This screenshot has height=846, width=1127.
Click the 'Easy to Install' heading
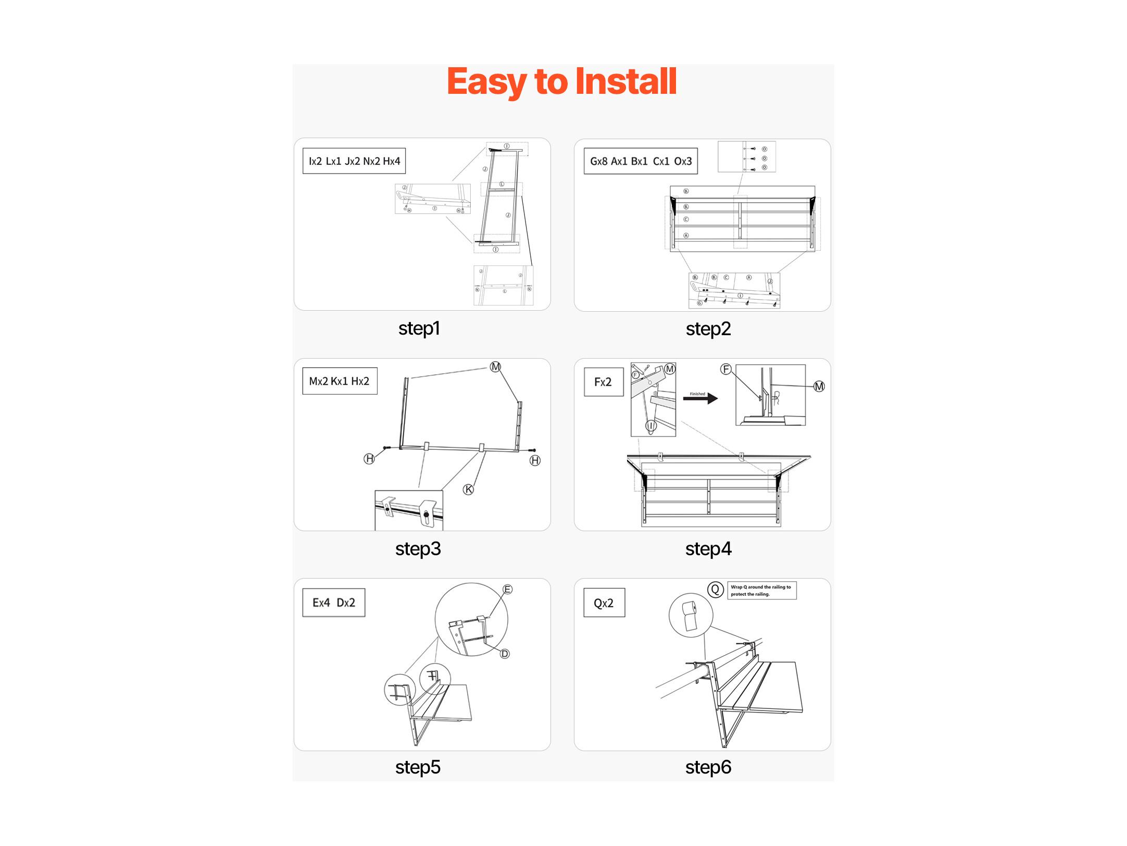(x=561, y=82)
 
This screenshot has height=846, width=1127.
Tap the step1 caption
(x=419, y=328)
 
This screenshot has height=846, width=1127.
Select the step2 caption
(x=708, y=329)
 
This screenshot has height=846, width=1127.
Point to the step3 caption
(x=418, y=549)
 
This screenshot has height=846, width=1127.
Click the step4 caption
(x=708, y=549)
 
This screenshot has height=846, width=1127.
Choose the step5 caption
(x=418, y=767)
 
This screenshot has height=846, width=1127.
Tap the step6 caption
(x=708, y=767)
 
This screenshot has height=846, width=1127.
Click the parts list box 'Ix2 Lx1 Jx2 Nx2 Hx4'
(x=354, y=161)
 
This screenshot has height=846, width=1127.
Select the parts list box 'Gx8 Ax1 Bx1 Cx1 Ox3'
(x=641, y=161)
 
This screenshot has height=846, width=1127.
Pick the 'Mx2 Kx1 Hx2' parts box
(x=340, y=381)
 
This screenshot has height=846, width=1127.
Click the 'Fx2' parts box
(x=603, y=382)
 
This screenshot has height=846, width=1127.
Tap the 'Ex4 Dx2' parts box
(x=334, y=603)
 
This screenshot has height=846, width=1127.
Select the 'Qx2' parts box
(x=604, y=603)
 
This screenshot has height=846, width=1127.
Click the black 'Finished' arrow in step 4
(x=700, y=399)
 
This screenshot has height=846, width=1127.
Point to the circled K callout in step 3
(x=469, y=489)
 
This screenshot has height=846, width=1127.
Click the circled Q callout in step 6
(x=716, y=590)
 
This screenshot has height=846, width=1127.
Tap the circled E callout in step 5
(x=507, y=590)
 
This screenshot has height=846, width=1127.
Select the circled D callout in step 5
(x=505, y=654)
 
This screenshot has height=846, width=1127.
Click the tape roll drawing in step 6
(x=690, y=616)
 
